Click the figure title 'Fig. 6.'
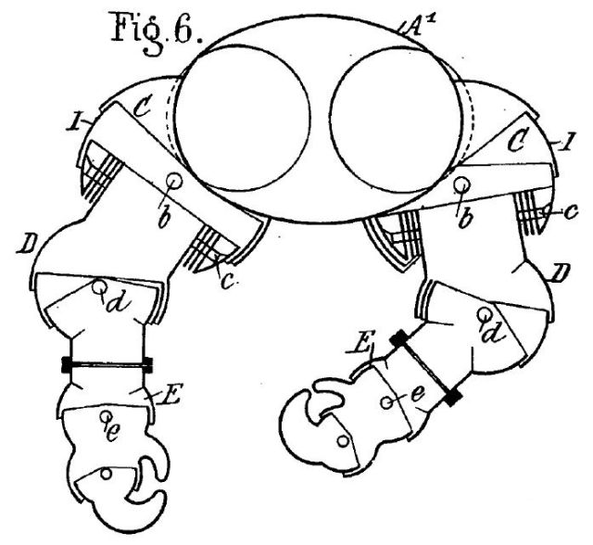[x=157, y=32]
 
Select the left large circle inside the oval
[x=243, y=118]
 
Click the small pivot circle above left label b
[x=175, y=181]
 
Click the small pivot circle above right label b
[x=461, y=185]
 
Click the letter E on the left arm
[x=170, y=392]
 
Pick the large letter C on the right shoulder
[x=517, y=141]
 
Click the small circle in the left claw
[x=107, y=473]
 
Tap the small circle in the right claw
[x=343, y=441]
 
